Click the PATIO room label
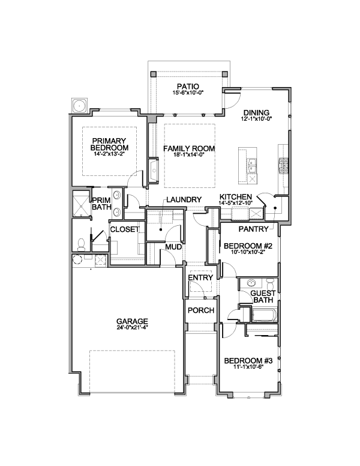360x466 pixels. (x=188, y=87)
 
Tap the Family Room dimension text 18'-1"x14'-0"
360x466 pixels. (x=189, y=154)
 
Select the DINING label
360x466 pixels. (x=256, y=113)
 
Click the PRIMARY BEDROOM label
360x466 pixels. (x=109, y=144)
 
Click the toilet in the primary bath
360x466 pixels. (x=80, y=244)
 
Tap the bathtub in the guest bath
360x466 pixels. (x=264, y=315)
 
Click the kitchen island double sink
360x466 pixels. (x=253, y=166)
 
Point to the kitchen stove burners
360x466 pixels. (x=283, y=166)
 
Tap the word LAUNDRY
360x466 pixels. (x=184, y=200)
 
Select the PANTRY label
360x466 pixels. (x=253, y=229)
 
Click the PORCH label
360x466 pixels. (x=201, y=310)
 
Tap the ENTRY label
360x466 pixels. (x=201, y=277)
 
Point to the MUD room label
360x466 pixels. (x=173, y=247)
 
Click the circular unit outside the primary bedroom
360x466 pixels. (x=80, y=105)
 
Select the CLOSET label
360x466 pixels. (x=125, y=229)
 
